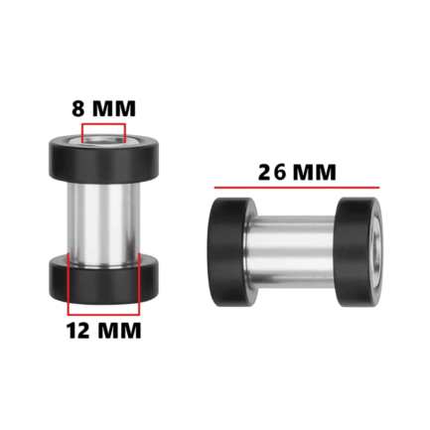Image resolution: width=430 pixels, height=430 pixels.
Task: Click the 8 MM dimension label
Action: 103,108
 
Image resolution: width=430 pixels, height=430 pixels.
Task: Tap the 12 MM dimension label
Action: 104,330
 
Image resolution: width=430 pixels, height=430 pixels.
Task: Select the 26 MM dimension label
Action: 297,172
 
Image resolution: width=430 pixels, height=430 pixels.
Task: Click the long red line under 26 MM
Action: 297,188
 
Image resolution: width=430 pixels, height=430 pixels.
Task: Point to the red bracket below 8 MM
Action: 103,124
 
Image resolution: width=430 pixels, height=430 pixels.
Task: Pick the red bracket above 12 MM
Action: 103,314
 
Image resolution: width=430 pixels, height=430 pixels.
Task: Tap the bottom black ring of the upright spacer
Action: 104,280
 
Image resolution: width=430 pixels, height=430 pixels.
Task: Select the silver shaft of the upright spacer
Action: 103,224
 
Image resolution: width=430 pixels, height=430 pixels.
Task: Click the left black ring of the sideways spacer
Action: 231,252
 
